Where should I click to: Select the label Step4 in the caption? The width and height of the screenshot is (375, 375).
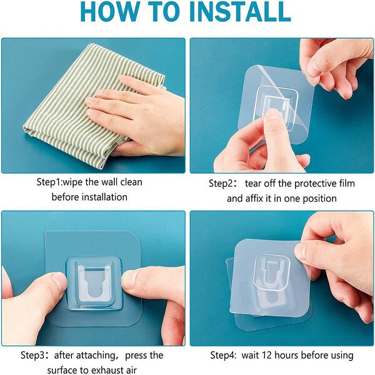pyautogui.click(x=223, y=355)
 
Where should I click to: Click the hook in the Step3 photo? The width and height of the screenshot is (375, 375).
pyautogui.click(x=94, y=281)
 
